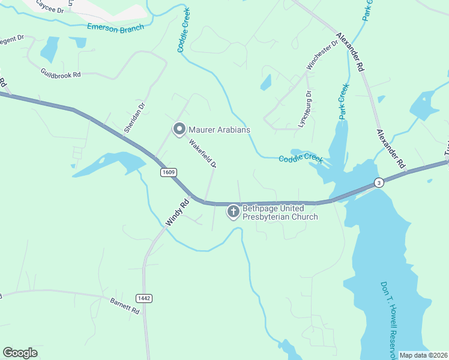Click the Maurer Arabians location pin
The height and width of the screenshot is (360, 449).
178,129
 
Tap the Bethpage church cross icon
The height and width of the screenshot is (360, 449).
233,212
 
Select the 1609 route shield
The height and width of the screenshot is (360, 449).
169,172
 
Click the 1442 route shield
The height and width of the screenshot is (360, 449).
144,298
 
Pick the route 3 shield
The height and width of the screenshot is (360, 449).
378,182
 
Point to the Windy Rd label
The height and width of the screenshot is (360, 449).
177,212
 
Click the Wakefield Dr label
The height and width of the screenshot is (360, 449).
202,154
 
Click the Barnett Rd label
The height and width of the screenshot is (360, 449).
125,307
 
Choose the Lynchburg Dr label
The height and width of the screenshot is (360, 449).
304,110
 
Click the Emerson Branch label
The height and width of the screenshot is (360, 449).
116,27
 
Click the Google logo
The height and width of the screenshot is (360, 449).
20,353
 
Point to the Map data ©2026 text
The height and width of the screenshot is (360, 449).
423,355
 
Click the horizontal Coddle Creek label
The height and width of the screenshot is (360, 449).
300,159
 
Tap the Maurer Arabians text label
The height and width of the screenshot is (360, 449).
219,130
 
